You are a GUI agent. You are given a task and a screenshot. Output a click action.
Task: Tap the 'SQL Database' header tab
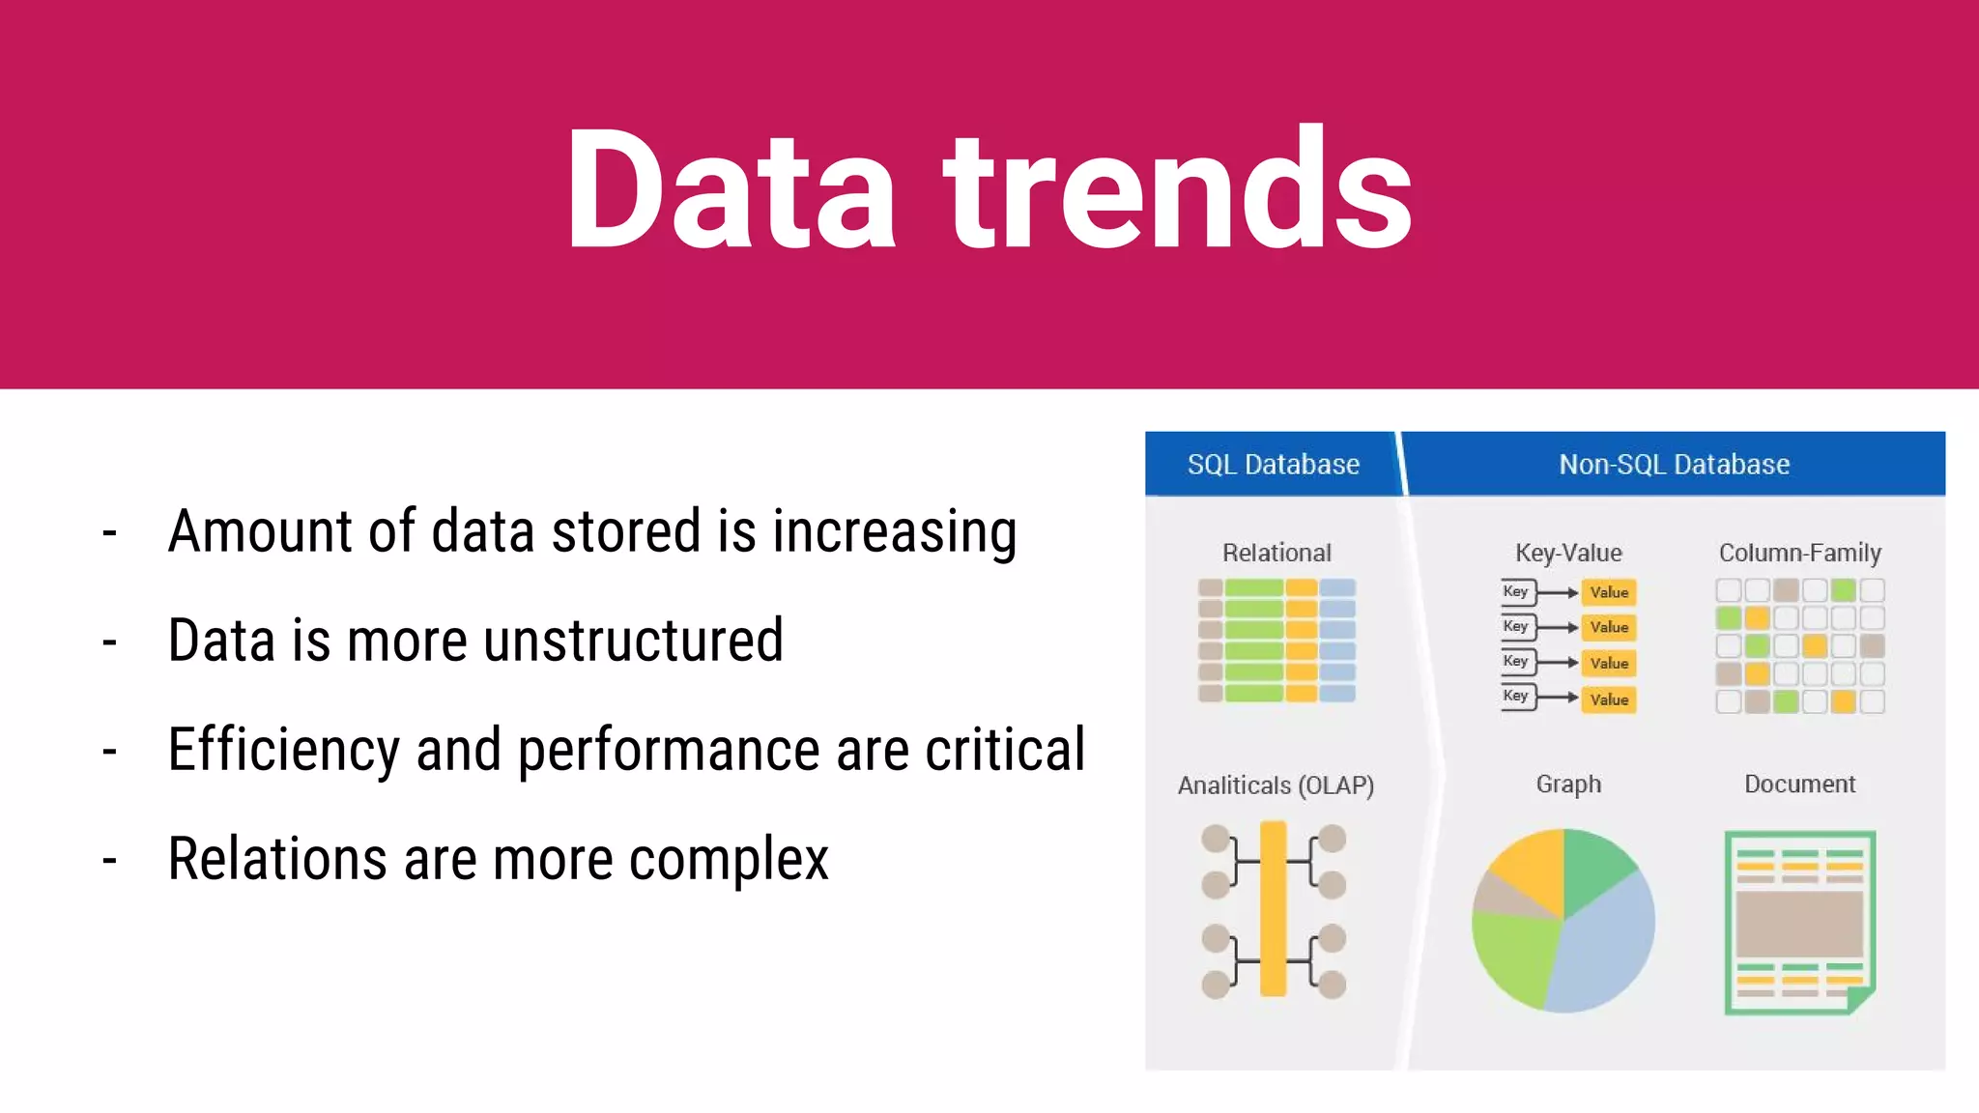click(x=1273, y=465)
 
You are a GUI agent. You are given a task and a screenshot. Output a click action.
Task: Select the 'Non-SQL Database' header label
click(x=1674, y=465)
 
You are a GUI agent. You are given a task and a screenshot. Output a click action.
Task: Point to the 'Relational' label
click(x=1276, y=553)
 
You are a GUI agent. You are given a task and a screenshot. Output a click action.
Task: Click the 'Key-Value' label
click(x=1568, y=553)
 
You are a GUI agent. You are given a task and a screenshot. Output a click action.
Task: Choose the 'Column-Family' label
click(x=1799, y=553)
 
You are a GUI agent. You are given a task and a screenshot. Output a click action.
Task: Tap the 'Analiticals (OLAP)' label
click(x=1276, y=785)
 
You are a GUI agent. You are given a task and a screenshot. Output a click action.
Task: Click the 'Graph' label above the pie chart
click(x=1568, y=784)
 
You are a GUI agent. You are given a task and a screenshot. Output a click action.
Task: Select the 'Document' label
click(x=1799, y=784)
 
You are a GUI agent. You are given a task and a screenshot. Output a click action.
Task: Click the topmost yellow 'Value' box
click(x=1609, y=592)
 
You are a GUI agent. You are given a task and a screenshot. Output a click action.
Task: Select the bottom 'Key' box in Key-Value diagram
click(x=1516, y=696)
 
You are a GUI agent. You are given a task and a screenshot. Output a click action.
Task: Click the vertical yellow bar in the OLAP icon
click(x=1273, y=908)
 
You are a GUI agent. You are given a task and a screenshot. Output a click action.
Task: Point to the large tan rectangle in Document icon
click(x=1798, y=924)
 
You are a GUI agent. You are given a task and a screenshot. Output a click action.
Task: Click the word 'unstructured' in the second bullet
click(x=633, y=641)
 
